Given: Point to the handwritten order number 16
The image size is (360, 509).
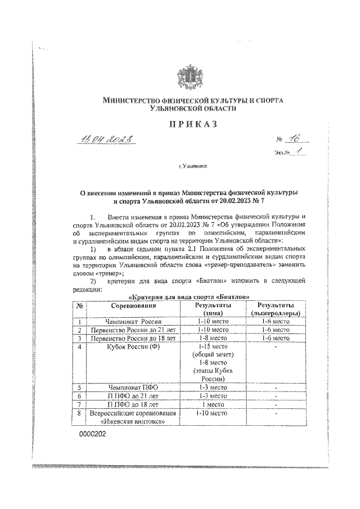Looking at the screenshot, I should (x=294, y=141).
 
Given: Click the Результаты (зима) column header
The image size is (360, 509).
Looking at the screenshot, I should (x=210, y=308).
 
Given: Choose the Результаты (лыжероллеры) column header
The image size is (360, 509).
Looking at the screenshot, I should (x=276, y=308).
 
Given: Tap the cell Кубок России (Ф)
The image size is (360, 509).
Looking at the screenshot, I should (x=133, y=348).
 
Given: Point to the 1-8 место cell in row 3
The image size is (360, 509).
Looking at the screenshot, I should (x=210, y=339).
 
